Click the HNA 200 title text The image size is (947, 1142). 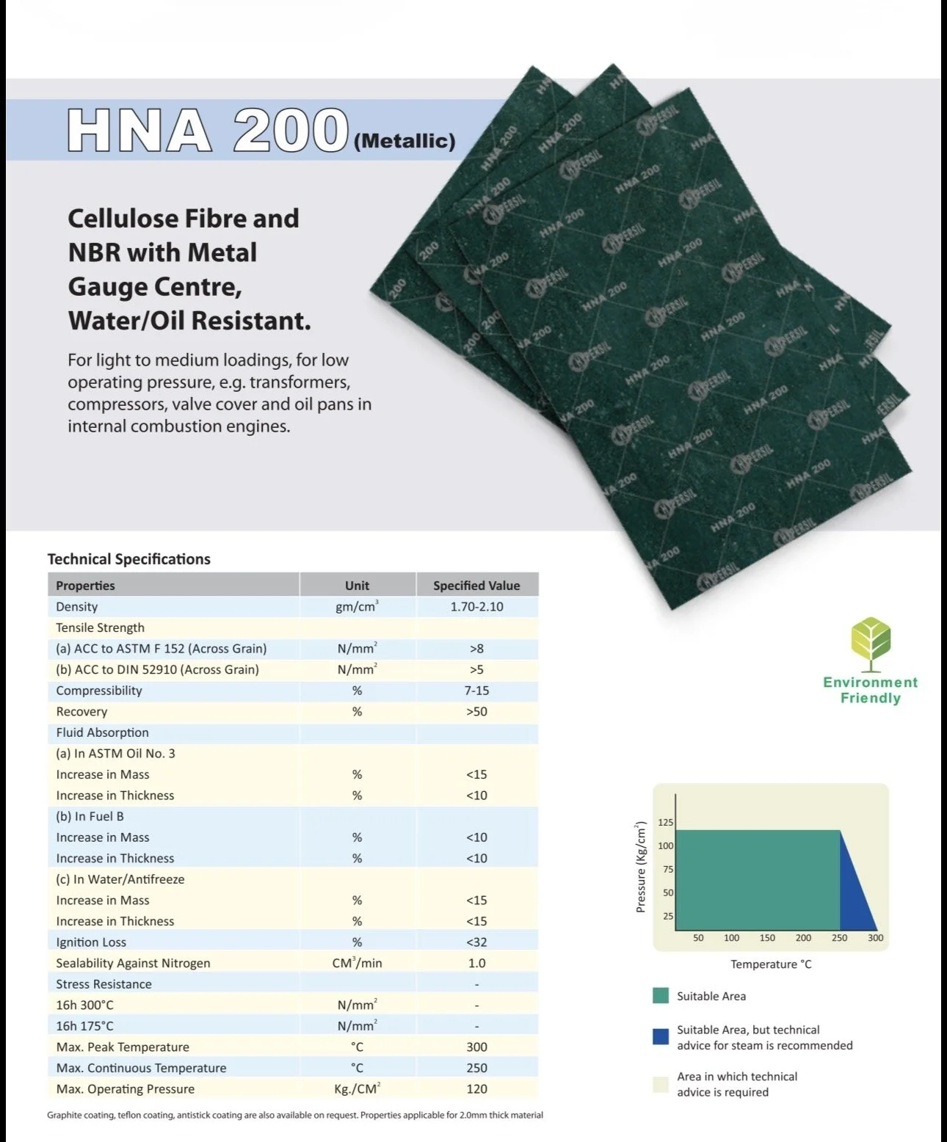coord(207,131)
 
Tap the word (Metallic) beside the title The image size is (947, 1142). coord(404,140)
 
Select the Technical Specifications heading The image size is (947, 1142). coord(129,559)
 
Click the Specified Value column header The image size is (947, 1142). coord(476,586)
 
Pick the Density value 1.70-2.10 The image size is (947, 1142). coord(476,607)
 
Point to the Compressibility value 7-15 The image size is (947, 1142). coord(476,691)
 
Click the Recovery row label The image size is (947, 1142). coord(81,712)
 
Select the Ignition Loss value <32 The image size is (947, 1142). coord(476,942)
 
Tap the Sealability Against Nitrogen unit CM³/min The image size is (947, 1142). coord(357,963)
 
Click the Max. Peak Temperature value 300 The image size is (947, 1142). coord(476,1047)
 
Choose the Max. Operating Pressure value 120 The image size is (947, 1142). coord(476,1089)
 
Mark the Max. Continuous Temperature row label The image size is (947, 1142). coord(141,1068)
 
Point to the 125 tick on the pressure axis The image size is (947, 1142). coord(665,823)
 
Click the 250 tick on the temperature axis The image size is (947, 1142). coord(839,938)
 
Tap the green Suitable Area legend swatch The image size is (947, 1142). coord(661,996)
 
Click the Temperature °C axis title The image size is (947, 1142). coord(771,964)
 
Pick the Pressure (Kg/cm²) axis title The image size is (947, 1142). coord(641,867)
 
